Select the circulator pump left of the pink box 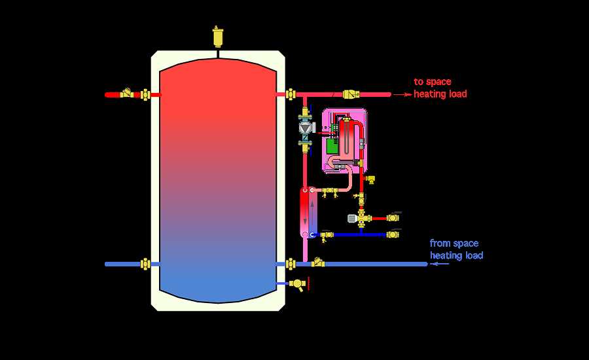point(306,129)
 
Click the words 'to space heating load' point(440,88)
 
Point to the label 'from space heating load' point(456,249)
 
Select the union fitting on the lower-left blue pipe point(146,264)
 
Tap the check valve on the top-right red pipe point(353,94)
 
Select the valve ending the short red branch point(393,217)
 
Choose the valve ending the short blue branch point(393,234)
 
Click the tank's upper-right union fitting point(290,94)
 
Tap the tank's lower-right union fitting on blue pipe point(290,264)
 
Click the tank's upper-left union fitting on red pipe point(145,94)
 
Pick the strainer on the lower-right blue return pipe point(319,263)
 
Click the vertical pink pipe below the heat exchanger point(304,249)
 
